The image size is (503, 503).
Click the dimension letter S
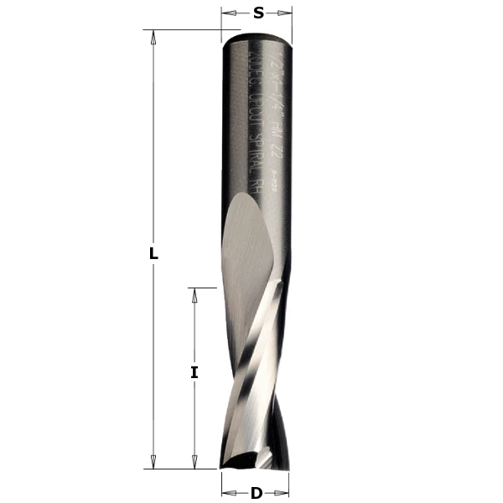point(258,13)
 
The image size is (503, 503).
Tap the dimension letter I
point(194,372)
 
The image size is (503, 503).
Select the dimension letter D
point(257,494)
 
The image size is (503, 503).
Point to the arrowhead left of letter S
point(226,13)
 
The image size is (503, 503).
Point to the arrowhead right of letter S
point(288,13)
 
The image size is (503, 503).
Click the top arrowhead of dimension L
point(153,36)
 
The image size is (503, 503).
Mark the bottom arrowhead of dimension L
point(153,463)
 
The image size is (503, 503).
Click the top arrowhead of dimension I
point(194,293)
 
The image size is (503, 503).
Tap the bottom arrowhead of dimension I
point(194,463)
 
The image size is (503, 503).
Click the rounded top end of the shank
point(258,36)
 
